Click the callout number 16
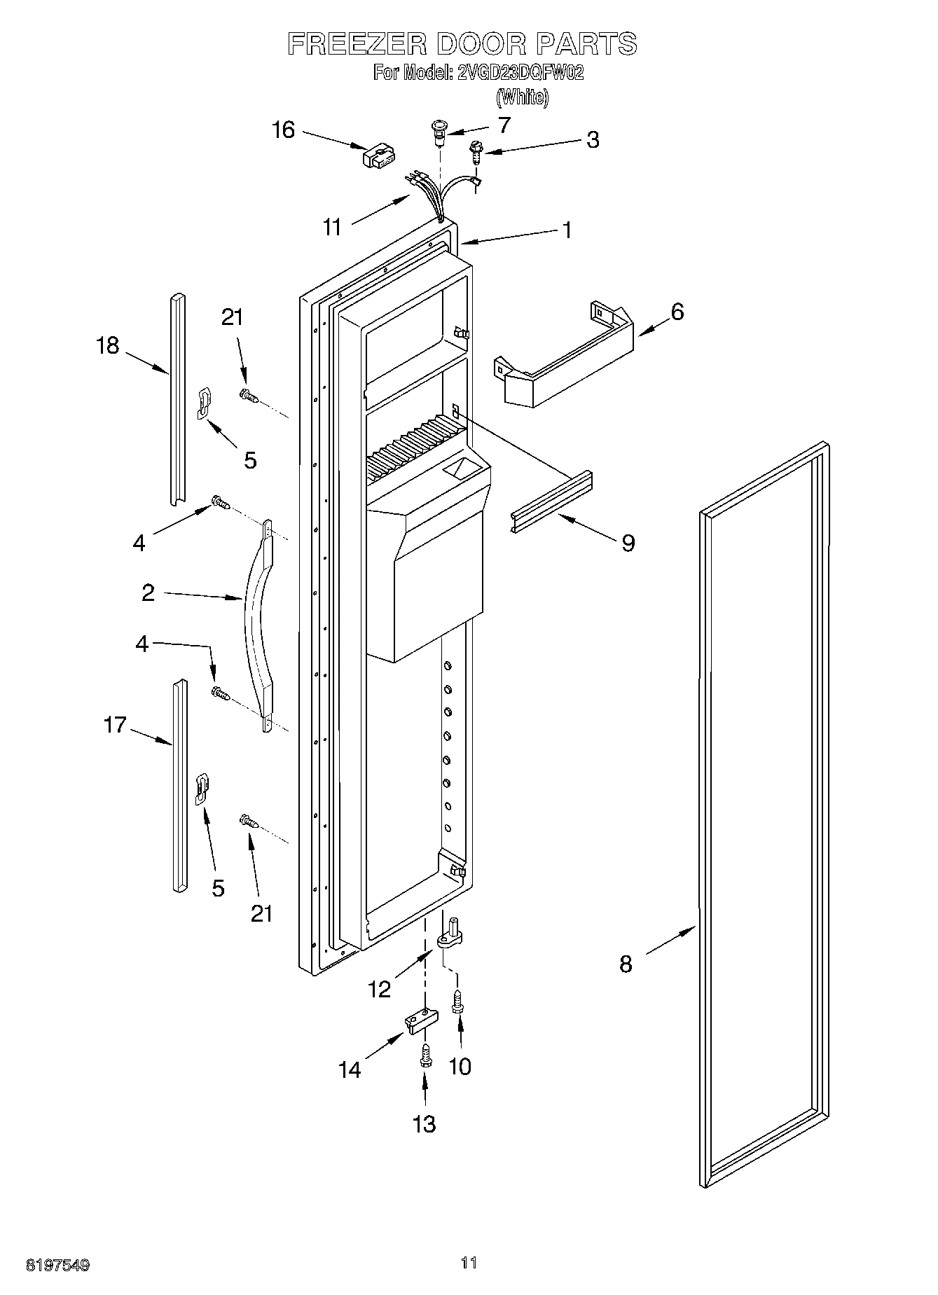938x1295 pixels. click(x=283, y=130)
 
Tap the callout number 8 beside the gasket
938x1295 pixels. click(x=626, y=964)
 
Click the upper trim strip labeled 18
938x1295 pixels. click(x=177, y=399)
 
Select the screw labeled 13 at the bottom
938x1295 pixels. click(x=425, y=1058)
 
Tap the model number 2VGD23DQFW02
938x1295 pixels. click(x=520, y=73)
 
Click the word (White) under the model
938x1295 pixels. click(x=522, y=97)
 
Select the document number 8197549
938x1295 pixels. click(x=57, y=1265)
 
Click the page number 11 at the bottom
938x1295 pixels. click(x=469, y=1263)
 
